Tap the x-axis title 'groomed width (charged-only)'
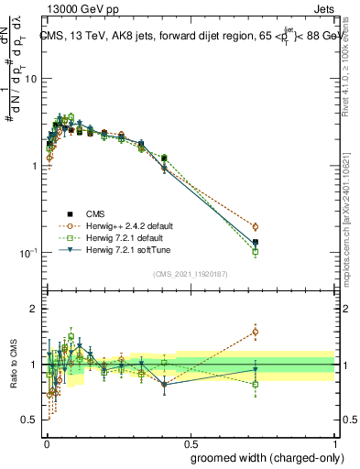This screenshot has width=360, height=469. coord(263,455)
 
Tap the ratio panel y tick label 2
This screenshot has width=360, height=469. coord(34,309)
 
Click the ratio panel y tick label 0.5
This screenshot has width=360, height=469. coord(29,420)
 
